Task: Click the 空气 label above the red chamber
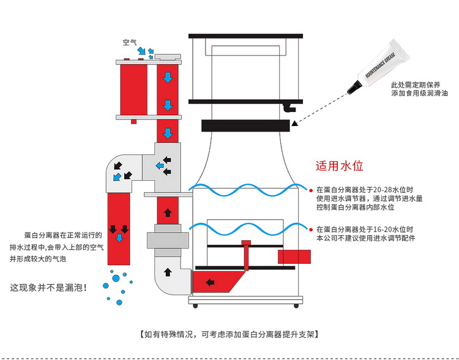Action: point(130,42)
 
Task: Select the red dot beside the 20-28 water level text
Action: point(311,190)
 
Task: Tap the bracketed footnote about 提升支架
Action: point(229,334)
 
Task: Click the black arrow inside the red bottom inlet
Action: point(209,283)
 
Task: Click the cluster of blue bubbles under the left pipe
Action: point(117,282)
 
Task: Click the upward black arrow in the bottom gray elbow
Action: point(167,271)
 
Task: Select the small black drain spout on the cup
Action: point(289,109)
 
